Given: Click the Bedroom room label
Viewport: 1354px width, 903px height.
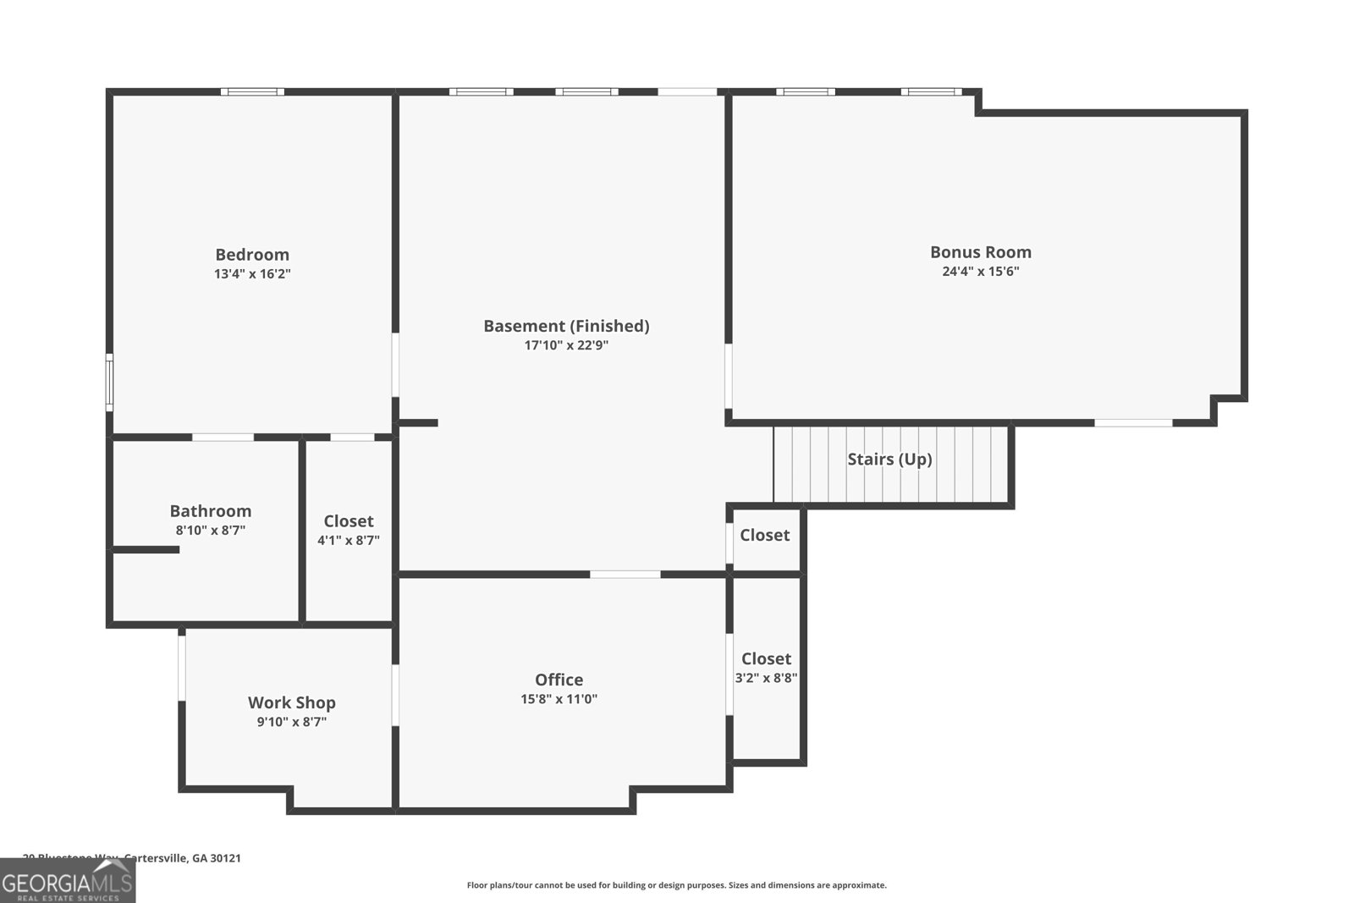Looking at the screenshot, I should click(x=252, y=255).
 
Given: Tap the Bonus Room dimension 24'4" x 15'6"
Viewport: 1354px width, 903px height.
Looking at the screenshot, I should click(x=980, y=272).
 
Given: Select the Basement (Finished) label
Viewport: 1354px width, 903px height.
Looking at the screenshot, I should click(x=566, y=326).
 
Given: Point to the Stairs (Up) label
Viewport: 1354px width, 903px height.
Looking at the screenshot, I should click(x=889, y=459).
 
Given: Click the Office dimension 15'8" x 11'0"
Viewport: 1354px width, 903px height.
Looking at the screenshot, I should click(x=559, y=699).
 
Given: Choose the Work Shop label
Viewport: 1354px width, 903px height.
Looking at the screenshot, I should click(x=291, y=702).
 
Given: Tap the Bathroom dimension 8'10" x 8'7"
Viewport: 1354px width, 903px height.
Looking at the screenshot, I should click(x=210, y=531).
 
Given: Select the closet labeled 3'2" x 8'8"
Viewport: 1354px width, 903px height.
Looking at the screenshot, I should click(x=766, y=668).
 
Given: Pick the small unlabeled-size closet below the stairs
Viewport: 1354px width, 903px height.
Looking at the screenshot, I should click(x=764, y=535).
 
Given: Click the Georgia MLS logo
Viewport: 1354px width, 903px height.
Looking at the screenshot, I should click(x=67, y=881).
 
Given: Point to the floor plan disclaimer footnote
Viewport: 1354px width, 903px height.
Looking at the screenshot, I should click(x=676, y=885).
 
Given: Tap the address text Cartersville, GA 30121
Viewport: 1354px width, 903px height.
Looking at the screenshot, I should click(x=182, y=857).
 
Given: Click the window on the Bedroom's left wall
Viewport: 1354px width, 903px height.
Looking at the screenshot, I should click(x=109, y=383).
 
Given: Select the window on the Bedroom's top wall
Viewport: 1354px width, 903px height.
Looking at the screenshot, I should click(x=252, y=91).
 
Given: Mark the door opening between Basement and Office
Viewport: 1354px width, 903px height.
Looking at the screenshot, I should click(x=625, y=575).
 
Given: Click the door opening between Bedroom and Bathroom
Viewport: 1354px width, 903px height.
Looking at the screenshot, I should click(x=223, y=438).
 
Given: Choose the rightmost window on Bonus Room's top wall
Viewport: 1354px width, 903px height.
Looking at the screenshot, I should click(x=931, y=91).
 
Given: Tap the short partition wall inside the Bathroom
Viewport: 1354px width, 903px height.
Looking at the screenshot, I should click(x=145, y=550).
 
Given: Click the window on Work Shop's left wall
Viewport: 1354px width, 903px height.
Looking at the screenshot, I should click(x=181, y=668).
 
